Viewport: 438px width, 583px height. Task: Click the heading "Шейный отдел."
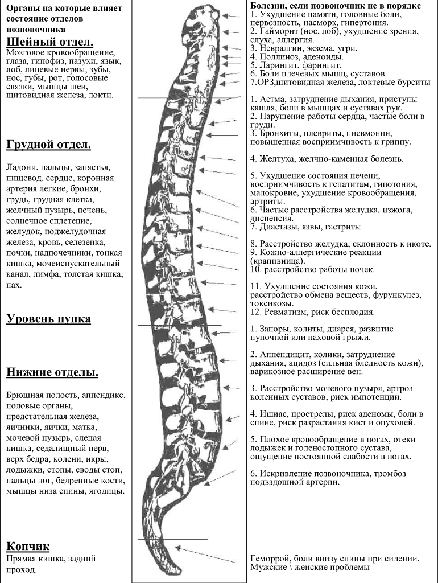[x=50, y=42]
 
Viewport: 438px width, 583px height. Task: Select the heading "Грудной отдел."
[x=49, y=145]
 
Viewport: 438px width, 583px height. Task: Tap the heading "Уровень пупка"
[x=49, y=318]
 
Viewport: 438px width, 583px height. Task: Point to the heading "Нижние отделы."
[x=52, y=372]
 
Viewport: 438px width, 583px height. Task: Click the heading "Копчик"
[x=28, y=547]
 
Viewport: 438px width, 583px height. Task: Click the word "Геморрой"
[x=271, y=559]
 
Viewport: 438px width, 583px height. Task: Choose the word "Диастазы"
[x=279, y=227]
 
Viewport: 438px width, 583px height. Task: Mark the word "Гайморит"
[x=278, y=31]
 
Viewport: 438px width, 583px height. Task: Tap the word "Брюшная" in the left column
[x=26, y=394]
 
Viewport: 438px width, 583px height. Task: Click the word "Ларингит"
[x=279, y=65]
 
